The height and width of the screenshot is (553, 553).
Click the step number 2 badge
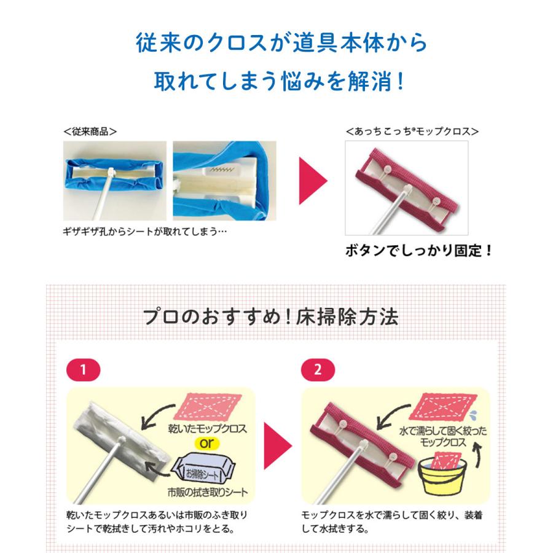pos(316,370)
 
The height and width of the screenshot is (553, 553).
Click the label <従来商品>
pos(90,131)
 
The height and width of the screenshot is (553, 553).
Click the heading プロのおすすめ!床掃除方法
pos(270,316)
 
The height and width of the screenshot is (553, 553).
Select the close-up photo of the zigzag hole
pos(224,181)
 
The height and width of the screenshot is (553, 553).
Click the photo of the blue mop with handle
pos(114,181)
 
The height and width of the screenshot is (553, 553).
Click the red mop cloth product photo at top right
pos(406,187)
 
